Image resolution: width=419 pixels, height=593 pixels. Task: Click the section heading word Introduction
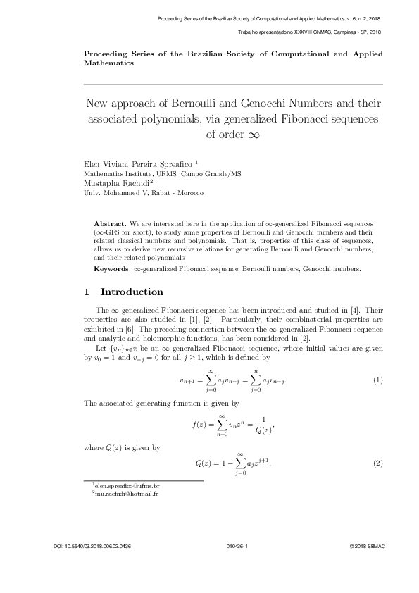pos(132,292)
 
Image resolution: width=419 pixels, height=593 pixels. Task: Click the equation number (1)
pos(377,381)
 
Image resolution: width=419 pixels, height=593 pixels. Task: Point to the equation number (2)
pos(377,463)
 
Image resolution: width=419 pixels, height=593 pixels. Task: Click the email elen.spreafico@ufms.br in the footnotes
pos(128,487)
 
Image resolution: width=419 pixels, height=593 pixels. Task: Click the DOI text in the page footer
pos(92,566)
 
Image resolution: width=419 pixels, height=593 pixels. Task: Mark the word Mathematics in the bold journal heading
pos(108,63)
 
